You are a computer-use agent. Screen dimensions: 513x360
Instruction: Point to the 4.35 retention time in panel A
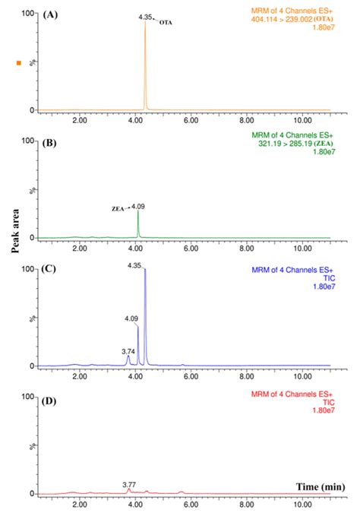[x=145, y=16]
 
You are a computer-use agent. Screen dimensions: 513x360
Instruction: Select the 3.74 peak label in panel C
[x=128, y=352]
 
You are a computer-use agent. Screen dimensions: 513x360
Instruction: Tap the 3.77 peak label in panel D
[x=131, y=483]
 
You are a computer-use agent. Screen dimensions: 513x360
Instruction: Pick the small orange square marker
[x=19, y=62]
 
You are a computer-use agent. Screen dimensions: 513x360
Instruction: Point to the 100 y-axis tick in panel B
[x=29, y=141]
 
